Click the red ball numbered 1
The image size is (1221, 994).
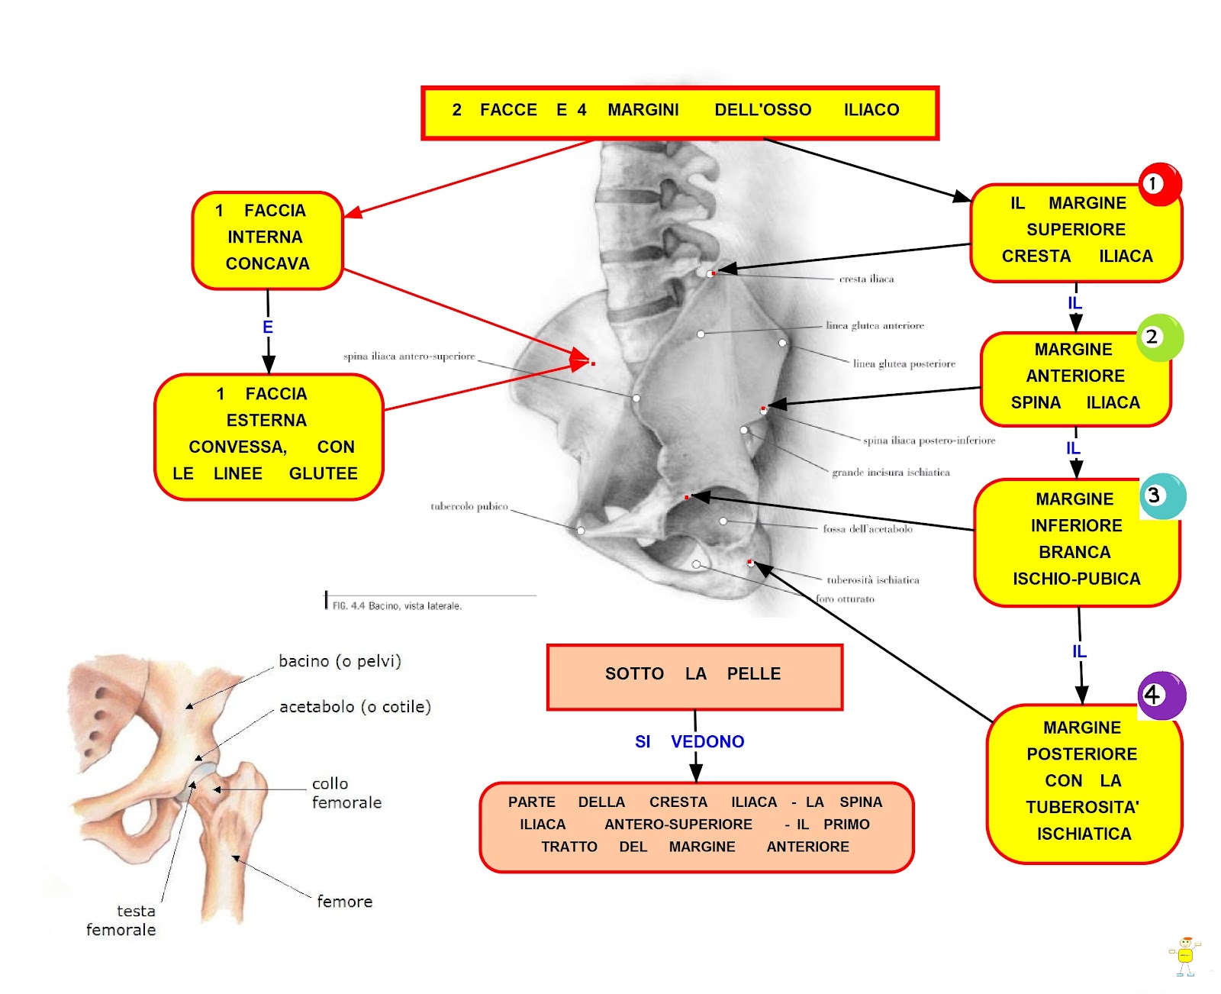(x=1159, y=184)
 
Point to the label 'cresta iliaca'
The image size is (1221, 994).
(x=866, y=279)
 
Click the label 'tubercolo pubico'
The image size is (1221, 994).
(x=469, y=506)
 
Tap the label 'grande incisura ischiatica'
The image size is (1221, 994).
(x=891, y=473)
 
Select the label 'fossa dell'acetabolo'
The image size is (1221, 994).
(x=868, y=529)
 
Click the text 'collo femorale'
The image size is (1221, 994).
(x=346, y=793)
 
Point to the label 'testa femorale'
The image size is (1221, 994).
(x=121, y=921)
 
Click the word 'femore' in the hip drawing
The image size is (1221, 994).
(x=345, y=902)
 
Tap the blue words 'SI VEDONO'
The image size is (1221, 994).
(x=689, y=741)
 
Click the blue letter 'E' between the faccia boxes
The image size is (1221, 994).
(x=268, y=328)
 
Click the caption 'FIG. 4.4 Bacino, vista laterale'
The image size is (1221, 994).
(x=397, y=606)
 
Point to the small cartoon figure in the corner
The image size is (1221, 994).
(x=1184, y=956)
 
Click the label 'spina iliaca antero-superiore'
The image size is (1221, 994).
(x=409, y=357)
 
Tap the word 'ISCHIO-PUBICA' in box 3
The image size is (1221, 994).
(x=1076, y=579)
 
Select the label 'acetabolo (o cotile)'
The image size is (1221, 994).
(x=355, y=707)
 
